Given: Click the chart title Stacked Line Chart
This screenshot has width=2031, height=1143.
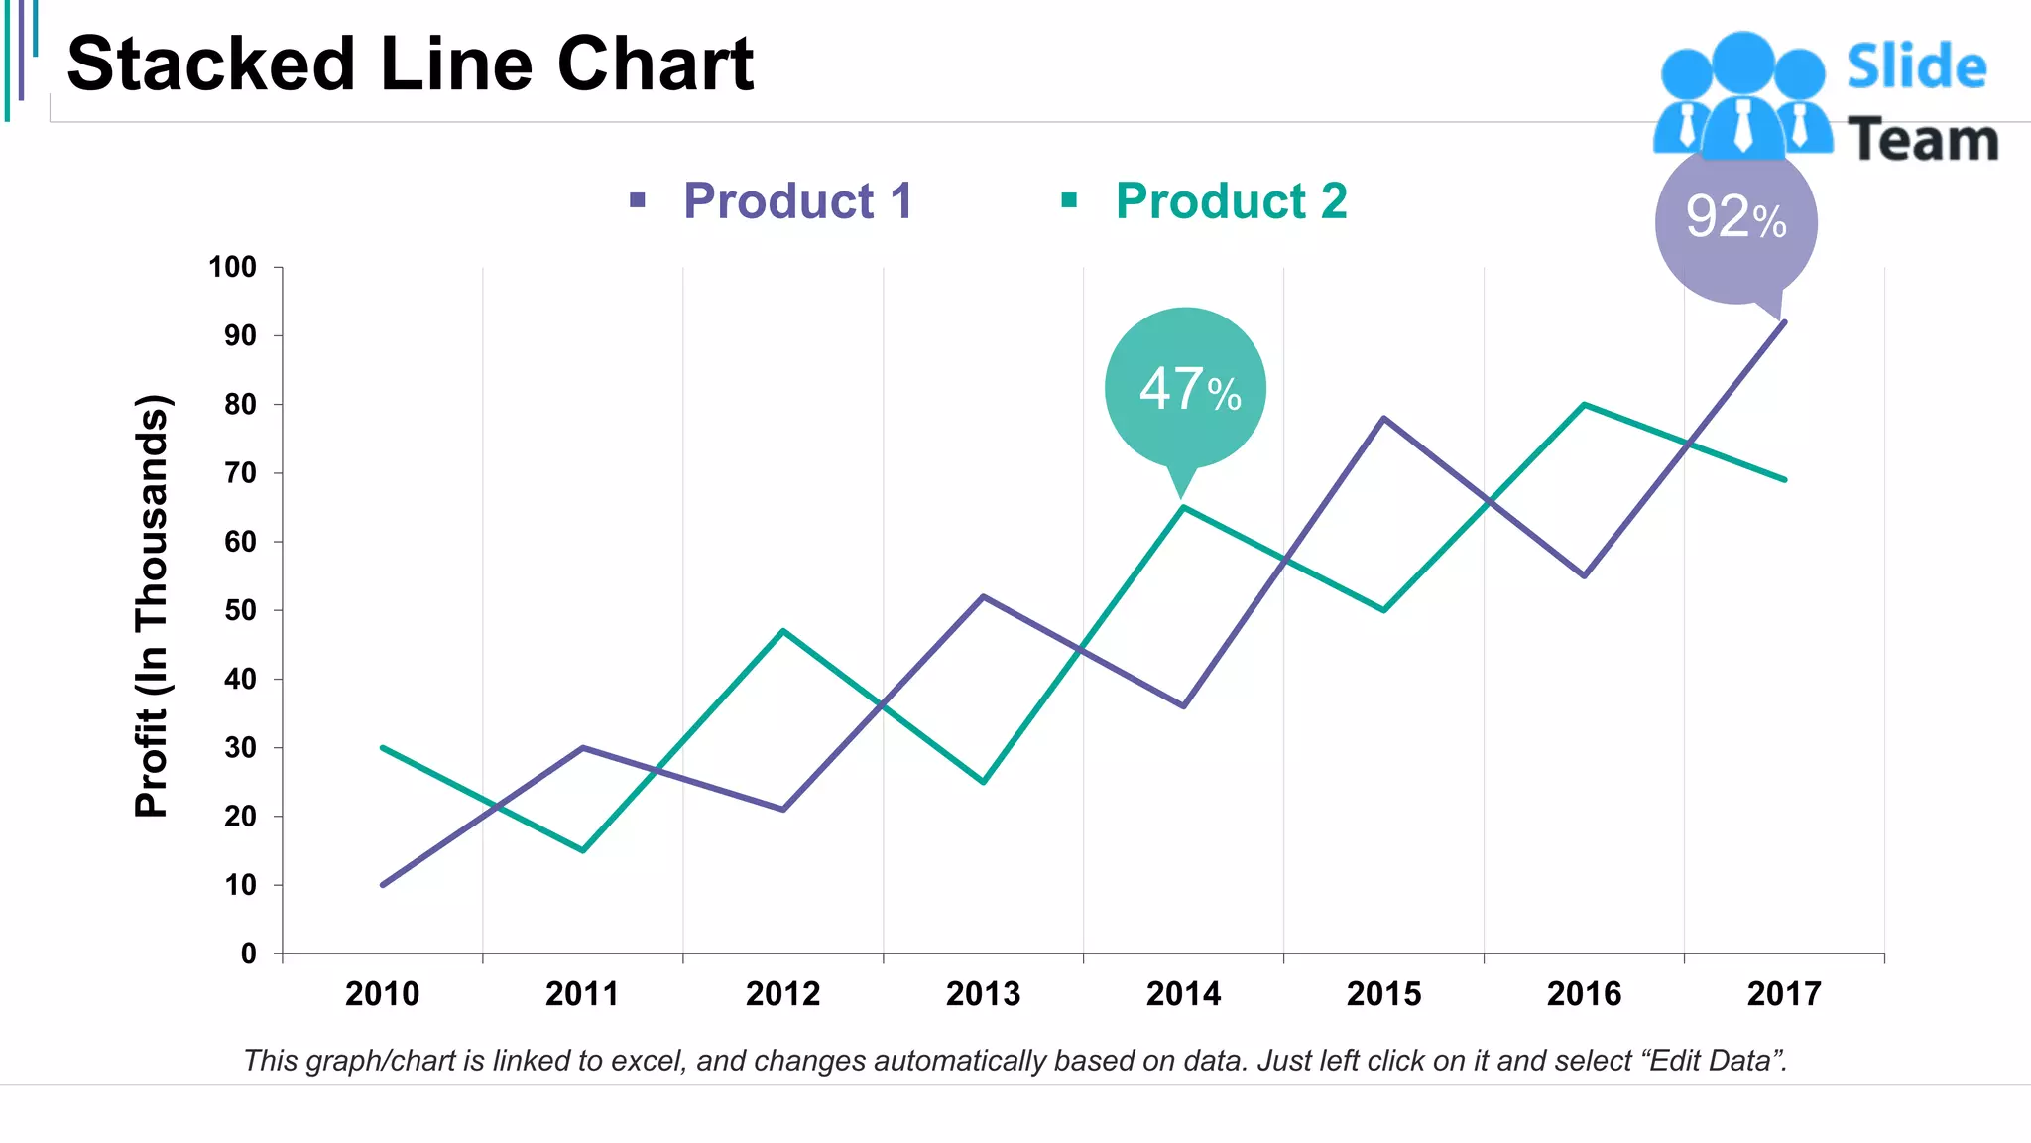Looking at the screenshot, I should tap(410, 64).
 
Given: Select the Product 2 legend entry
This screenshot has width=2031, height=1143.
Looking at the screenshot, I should tap(1230, 201).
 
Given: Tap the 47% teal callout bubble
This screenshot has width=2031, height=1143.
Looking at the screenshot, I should tap(1186, 388).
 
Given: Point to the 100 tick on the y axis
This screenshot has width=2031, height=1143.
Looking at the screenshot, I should tap(233, 267).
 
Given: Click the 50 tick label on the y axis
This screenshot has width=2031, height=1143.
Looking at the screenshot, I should tap(240, 610).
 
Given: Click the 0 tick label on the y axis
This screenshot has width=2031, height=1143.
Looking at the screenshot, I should tap(248, 953).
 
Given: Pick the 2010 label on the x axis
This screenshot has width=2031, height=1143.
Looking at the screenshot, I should tap(382, 993).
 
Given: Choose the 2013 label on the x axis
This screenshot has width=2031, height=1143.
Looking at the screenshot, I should tap(983, 993).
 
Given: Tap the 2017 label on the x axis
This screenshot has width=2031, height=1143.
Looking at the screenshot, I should tap(1784, 993).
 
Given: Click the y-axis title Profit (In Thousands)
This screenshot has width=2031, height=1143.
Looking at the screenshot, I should tap(152, 606).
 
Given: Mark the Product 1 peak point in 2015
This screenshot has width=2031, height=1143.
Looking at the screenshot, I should tap(1384, 418).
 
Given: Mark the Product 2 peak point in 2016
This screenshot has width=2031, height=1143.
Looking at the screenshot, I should tap(1585, 404).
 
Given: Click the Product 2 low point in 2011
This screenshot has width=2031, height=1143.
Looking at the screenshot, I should tap(583, 850).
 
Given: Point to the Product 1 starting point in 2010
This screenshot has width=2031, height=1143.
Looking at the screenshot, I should tap(383, 884).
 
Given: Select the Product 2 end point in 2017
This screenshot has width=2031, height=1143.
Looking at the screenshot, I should tap(1784, 479).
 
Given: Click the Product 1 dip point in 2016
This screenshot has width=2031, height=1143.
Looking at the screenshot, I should tap(1585, 575).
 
